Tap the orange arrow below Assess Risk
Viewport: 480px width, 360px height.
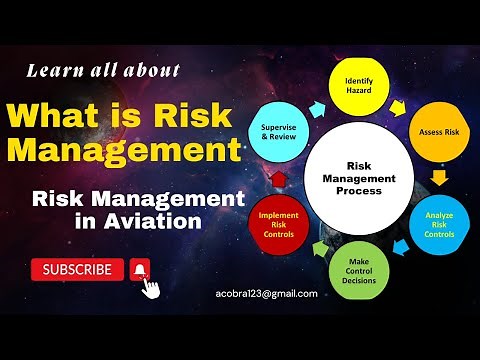439,178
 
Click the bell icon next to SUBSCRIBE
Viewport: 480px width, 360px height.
140,269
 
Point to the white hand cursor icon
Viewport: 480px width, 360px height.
151,286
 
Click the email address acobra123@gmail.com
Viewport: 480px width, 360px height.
266,294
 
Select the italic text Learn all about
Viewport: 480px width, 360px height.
104,70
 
